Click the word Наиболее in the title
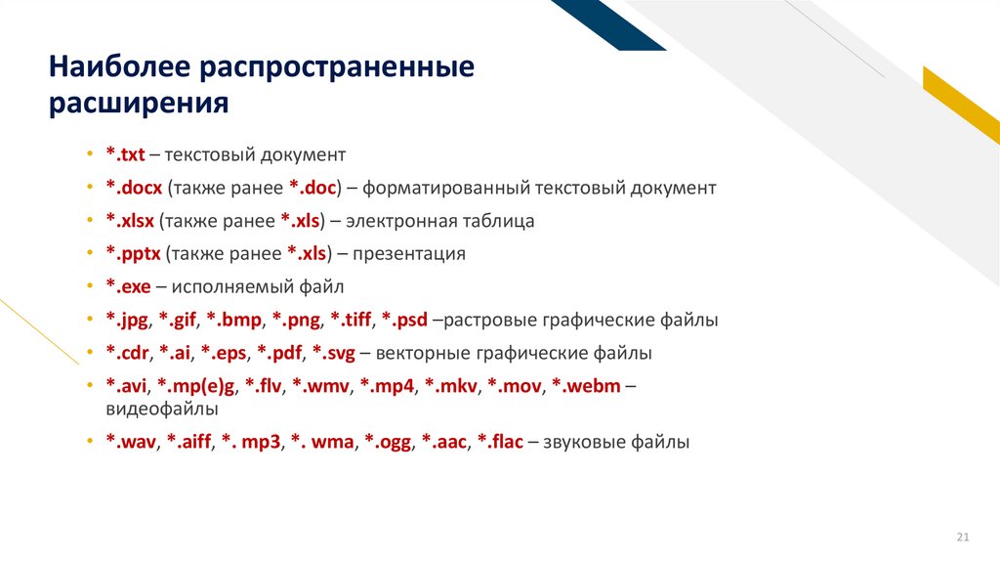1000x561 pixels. click(x=119, y=68)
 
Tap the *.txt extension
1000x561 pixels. click(x=125, y=154)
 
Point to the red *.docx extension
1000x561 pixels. click(x=134, y=188)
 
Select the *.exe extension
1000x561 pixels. click(x=127, y=287)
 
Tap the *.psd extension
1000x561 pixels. click(x=404, y=320)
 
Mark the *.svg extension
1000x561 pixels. click(x=333, y=353)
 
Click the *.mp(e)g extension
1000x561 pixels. click(x=200, y=386)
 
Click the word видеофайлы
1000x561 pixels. click(x=161, y=409)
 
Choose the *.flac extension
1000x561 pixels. click(x=500, y=442)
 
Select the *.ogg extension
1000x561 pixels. click(x=388, y=442)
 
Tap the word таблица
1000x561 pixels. click(x=500, y=221)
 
